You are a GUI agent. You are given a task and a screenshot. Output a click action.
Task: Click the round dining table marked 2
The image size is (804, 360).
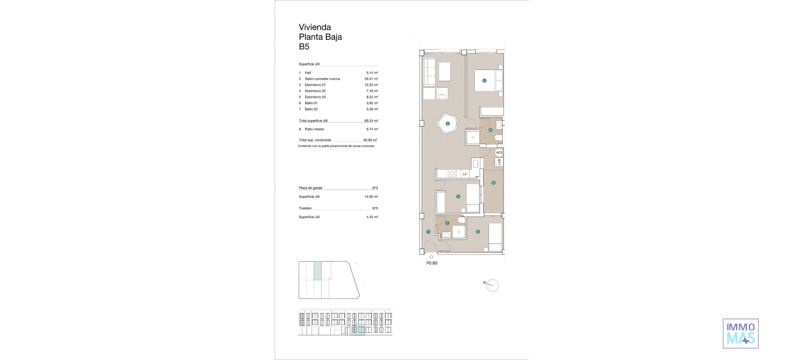pos(448,124)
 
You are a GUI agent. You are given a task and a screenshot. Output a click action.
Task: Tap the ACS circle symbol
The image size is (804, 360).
pos(499,152)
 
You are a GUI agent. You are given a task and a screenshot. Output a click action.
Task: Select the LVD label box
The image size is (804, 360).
pos(499,162)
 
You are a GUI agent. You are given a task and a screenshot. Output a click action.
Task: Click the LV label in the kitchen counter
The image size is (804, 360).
pos(465,174)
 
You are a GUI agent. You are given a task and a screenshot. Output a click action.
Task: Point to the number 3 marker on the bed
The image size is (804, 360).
pos(484,81)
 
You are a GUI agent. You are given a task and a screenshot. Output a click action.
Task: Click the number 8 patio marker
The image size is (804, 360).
pos(494,183)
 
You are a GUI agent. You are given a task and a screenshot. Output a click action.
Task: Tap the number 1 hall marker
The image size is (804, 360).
pos(428,231)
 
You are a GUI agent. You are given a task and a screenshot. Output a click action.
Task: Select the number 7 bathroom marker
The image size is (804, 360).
pos(447,223)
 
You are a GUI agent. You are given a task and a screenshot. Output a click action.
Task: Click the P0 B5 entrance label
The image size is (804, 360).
pos(432,263)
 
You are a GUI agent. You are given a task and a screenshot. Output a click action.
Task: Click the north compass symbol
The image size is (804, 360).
pos(493,285)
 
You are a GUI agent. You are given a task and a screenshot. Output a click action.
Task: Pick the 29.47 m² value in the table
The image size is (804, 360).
pos(371,79)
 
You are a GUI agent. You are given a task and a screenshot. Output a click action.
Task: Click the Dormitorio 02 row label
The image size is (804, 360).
pos(315,91)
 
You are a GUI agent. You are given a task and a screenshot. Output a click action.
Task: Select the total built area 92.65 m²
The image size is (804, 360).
pos(370,140)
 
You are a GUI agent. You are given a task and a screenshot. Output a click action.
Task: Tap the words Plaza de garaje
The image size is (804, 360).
pos(310,188)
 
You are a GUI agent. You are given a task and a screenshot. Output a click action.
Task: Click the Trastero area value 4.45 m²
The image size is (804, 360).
pos(372,217)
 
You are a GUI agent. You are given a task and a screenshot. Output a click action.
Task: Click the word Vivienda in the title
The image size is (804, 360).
pos(314,27)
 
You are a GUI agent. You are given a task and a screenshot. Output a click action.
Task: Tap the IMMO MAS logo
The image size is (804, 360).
pos(740,333)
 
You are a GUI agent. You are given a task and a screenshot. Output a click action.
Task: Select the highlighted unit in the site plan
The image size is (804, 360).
pos(317,270)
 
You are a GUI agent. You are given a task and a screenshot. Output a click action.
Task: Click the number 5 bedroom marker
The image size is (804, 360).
pos(478,231)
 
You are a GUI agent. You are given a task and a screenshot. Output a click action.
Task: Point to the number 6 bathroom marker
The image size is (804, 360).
pos(490,130)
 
